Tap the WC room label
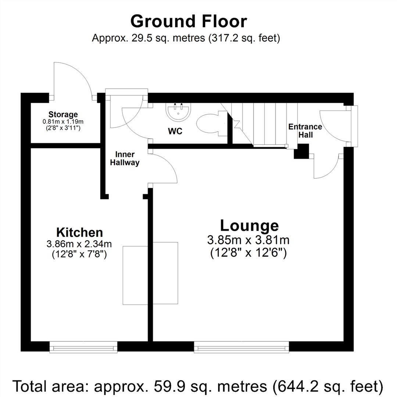(x=175, y=131)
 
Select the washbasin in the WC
(x=178, y=111)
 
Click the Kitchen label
(x=79, y=232)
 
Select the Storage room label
(x=62, y=114)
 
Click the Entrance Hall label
(x=305, y=131)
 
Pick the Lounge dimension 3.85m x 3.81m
(x=248, y=240)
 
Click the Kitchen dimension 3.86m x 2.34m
(x=79, y=243)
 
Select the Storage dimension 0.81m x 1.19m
(x=62, y=121)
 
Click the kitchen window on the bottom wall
(x=83, y=346)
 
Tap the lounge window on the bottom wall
(x=242, y=346)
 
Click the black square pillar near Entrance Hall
(x=301, y=151)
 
